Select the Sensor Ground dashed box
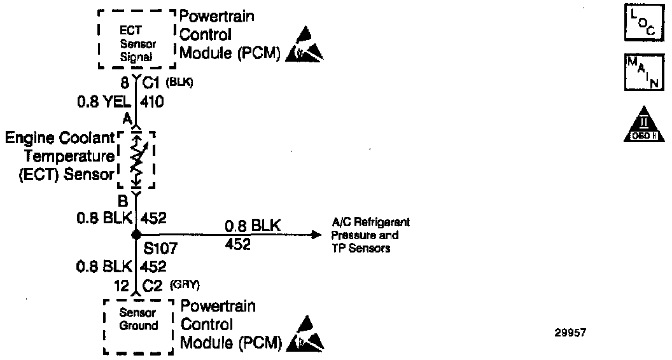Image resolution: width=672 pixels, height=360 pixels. click(x=139, y=325)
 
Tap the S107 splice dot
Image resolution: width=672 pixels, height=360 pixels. click(x=135, y=235)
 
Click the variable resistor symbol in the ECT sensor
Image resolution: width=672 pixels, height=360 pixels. click(x=136, y=160)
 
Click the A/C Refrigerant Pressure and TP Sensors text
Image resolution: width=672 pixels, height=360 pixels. click(x=370, y=235)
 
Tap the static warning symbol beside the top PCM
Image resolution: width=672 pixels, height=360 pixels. click(x=304, y=45)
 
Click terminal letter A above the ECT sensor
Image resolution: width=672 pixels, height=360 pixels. click(x=126, y=118)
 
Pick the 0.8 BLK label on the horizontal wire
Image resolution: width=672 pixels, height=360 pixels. click(x=253, y=226)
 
